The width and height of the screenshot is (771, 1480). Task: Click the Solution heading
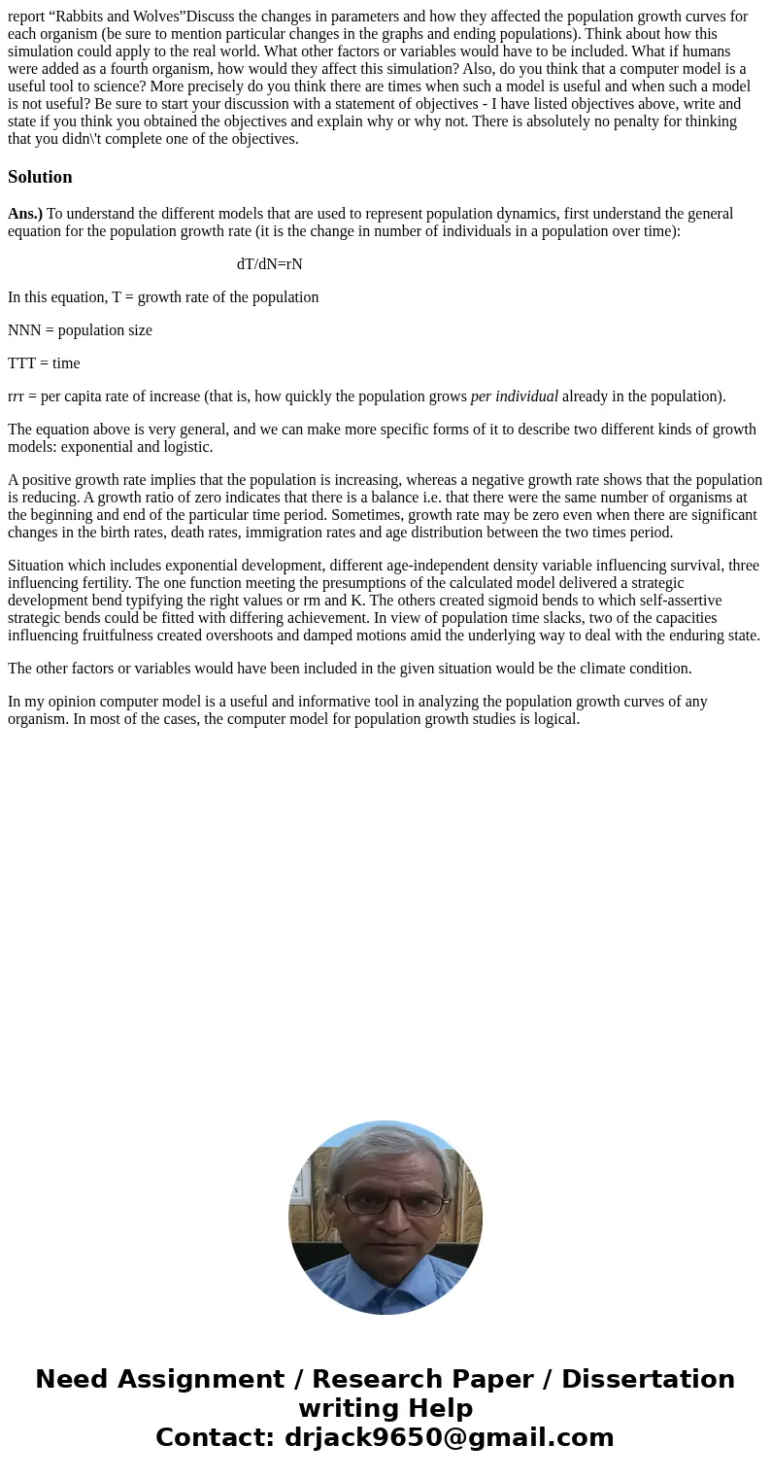(x=40, y=177)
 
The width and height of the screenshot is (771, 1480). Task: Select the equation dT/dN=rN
(x=269, y=264)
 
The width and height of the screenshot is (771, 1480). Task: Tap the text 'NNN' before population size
(x=22, y=330)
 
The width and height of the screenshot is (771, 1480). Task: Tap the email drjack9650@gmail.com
(x=449, y=1438)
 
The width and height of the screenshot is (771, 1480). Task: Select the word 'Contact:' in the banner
(x=215, y=1438)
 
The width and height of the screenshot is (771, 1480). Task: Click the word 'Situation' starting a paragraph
(x=39, y=566)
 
